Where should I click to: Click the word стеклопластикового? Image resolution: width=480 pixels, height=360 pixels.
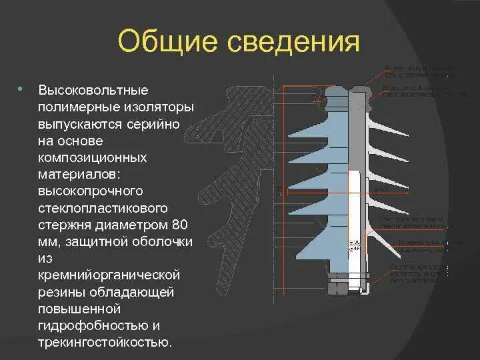pyautogui.click(x=102, y=209)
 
